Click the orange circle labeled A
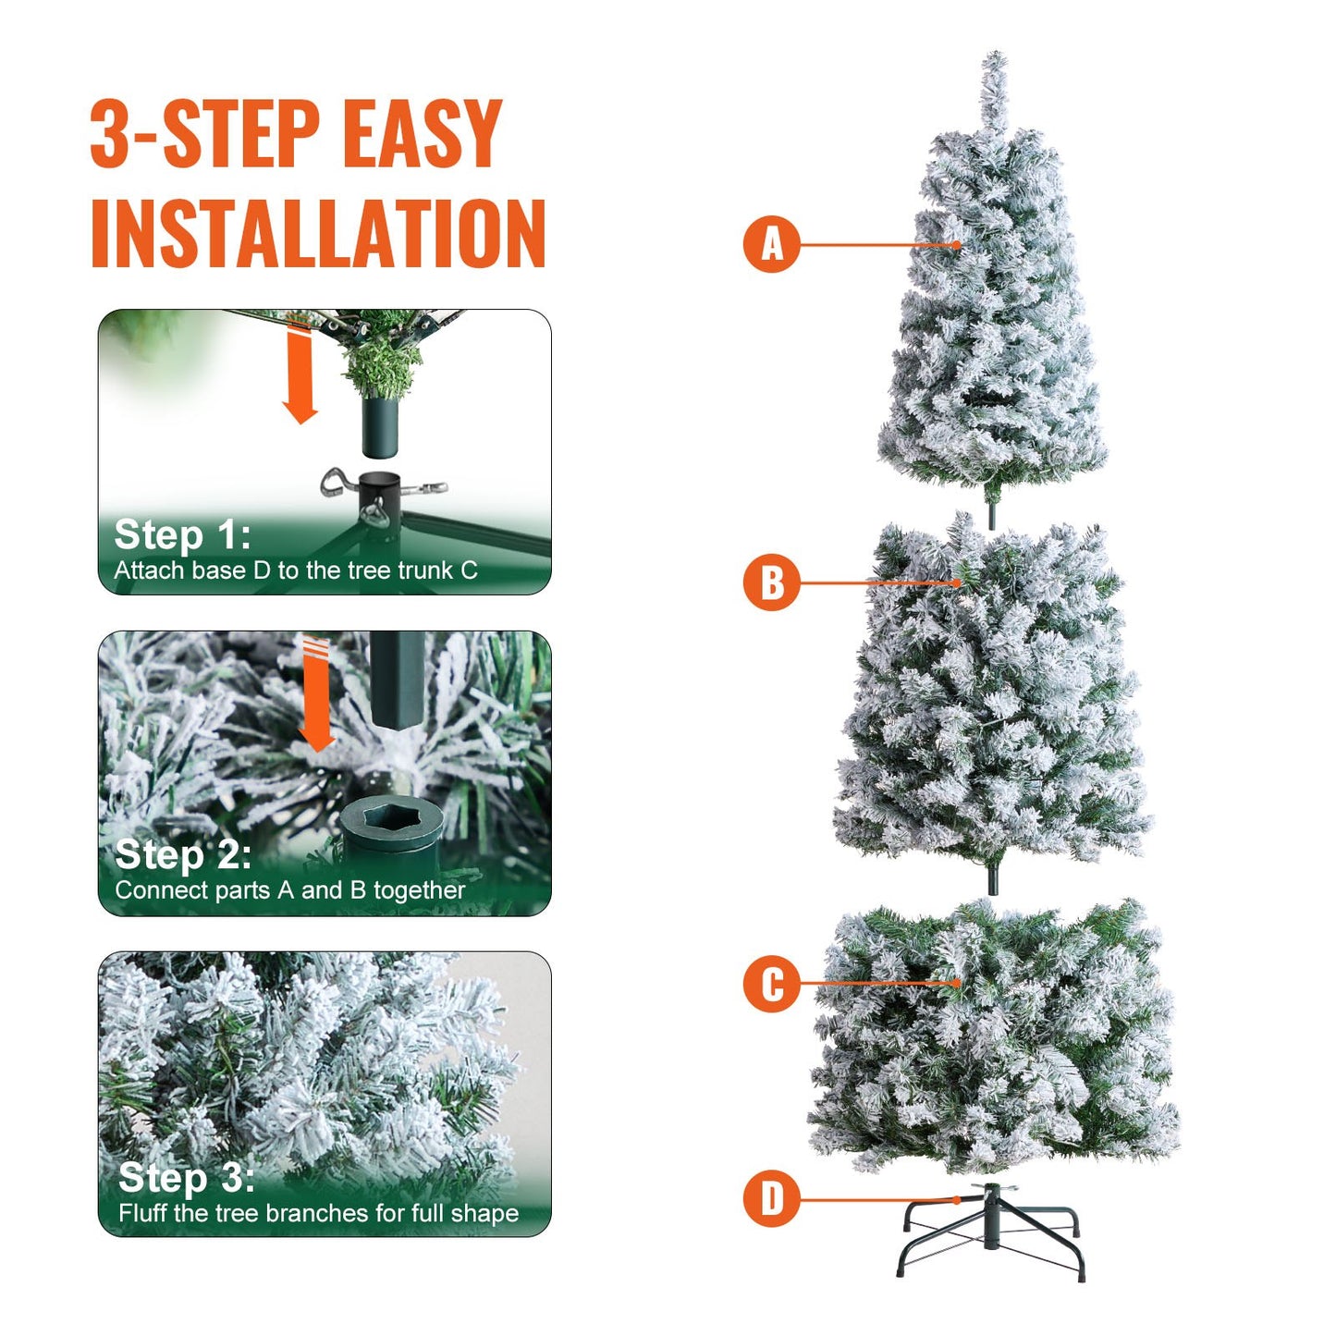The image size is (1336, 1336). tap(771, 245)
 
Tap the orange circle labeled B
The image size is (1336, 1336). tap(771, 582)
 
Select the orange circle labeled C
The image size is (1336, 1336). tap(771, 984)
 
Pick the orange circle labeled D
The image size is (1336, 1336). tap(771, 1199)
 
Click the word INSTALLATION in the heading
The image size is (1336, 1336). tap(318, 232)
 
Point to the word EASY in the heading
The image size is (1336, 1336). tap(422, 135)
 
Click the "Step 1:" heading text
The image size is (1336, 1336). tap(182, 535)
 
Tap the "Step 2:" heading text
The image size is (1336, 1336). tap(183, 855)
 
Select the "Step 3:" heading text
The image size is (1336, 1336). tap(186, 1178)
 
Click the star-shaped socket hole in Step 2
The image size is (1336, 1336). tap(391, 817)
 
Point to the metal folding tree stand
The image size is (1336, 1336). tap(991, 1233)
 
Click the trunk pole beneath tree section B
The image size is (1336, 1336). tap(992, 877)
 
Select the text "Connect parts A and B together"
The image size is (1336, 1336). tap(289, 890)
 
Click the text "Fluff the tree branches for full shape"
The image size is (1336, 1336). tap(318, 1213)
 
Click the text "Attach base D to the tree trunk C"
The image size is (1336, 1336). tap(296, 570)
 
